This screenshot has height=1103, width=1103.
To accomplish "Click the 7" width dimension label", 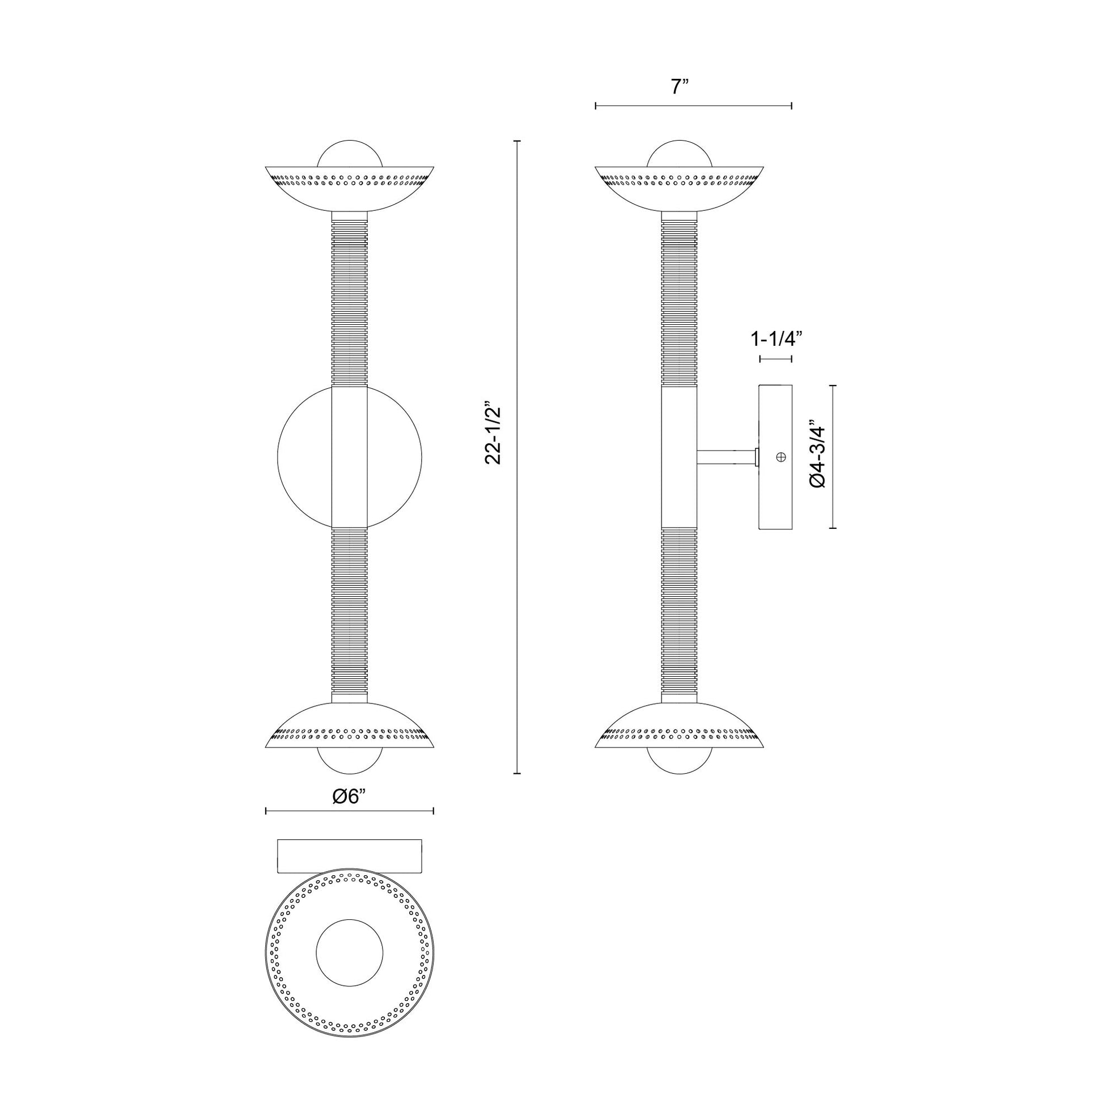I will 680,87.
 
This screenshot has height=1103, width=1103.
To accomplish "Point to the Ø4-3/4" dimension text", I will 817,456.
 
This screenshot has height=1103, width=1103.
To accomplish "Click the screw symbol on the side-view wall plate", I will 781,457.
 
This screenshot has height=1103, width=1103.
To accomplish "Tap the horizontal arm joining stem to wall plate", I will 725,457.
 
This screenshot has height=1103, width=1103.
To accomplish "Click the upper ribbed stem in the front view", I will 349,303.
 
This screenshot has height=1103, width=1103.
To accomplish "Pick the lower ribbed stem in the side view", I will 680,614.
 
